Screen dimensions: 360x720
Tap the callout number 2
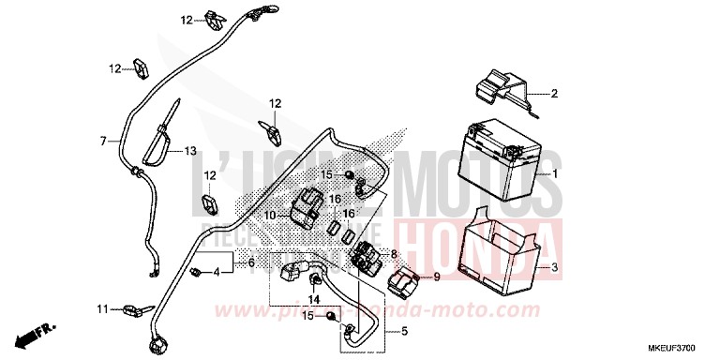click(554, 94)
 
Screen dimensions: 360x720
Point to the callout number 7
click(104, 142)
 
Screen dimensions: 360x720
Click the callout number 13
click(189, 151)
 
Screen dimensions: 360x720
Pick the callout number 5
click(404, 331)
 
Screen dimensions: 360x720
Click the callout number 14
click(313, 300)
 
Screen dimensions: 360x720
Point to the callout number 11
click(102, 308)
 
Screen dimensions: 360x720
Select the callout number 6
click(250, 264)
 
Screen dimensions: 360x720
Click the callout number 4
click(217, 272)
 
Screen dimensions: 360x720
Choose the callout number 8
click(394, 254)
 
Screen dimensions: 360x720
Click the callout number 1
click(555, 174)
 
